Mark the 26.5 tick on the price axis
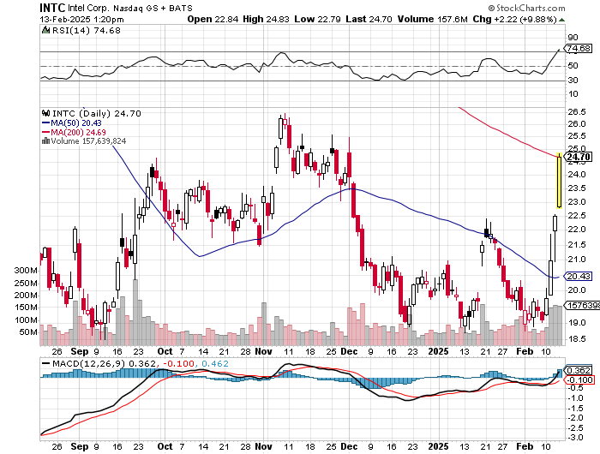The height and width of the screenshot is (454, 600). pyautogui.click(x=576, y=111)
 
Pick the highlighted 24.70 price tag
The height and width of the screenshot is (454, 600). pyautogui.click(x=579, y=156)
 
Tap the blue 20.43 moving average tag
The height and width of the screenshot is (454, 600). pyautogui.click(x=579, y=276)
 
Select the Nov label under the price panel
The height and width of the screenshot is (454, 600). pyautogui.click(x=263, y=351)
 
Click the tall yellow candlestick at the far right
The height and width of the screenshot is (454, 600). pyautogui.click(x=560, y=181)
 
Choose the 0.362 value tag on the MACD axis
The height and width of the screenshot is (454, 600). pyautogui.click(x=579, y=370)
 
